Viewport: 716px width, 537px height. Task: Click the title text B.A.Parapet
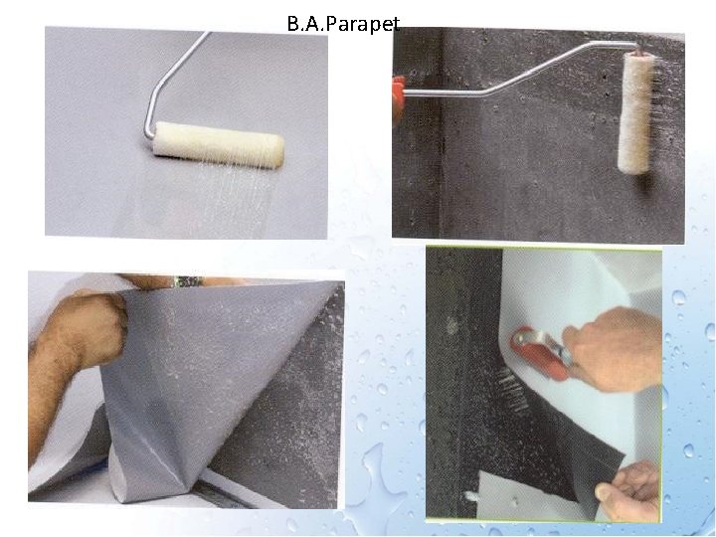click(x=343, y=24)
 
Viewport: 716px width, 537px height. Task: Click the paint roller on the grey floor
click(x=218, y=145)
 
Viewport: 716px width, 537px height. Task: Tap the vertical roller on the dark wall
click(x=635, y=112)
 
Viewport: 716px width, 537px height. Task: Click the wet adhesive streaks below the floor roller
click(x=229, y=200)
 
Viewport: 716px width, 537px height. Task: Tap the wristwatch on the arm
click(x=187, y=281)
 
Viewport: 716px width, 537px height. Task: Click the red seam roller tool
click(x=540, y=352)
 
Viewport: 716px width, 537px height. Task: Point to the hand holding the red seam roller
click(x=612, y=348)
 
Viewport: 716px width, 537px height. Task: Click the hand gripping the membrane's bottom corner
click(x=627, y=492)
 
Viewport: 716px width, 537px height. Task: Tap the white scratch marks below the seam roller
click(x=512, y=389)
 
